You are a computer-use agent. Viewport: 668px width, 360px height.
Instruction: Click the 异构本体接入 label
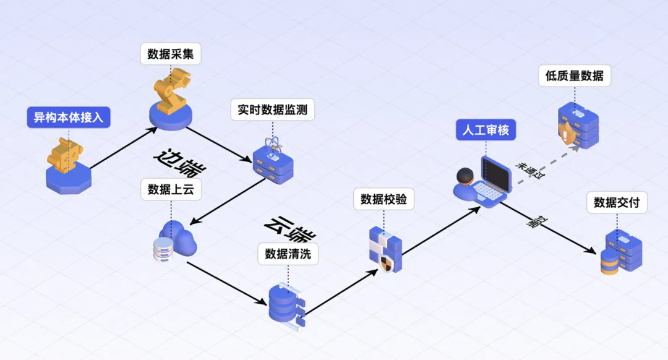click(68, 118)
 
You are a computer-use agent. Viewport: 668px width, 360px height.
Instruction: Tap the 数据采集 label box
click(171, 54)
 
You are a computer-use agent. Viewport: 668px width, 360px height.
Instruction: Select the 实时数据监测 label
click(272, 111)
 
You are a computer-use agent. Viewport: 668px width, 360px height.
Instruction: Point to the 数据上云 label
click(171, 189)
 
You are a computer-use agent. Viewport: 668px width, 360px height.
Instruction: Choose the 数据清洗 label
click(288, 254)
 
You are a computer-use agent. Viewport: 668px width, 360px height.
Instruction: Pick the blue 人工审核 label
click(486, 130)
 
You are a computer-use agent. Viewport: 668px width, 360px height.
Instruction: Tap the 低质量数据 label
click(574, 76)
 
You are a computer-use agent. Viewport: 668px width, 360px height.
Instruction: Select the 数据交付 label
click(616, 202)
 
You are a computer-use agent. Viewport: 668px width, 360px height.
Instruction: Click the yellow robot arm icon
click(172, 90)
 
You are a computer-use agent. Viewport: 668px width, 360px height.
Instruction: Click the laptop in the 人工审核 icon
click(495, 179)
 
